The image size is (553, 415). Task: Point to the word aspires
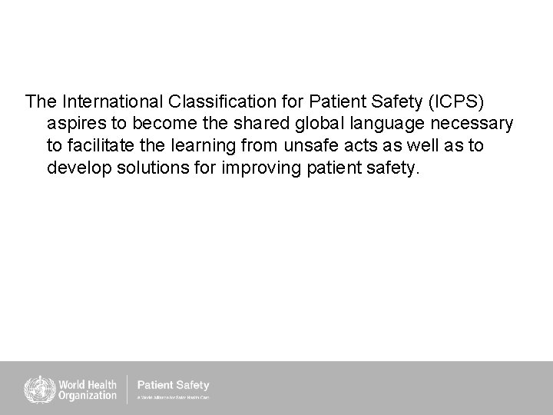(75, 123)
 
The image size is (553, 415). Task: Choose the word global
(316, 123)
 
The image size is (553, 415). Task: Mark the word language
(386, 123)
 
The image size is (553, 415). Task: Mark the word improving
(260, 168)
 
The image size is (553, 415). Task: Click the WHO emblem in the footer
(35, 387)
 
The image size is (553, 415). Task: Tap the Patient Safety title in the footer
(172, 385)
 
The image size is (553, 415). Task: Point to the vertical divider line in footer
(127, 388)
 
